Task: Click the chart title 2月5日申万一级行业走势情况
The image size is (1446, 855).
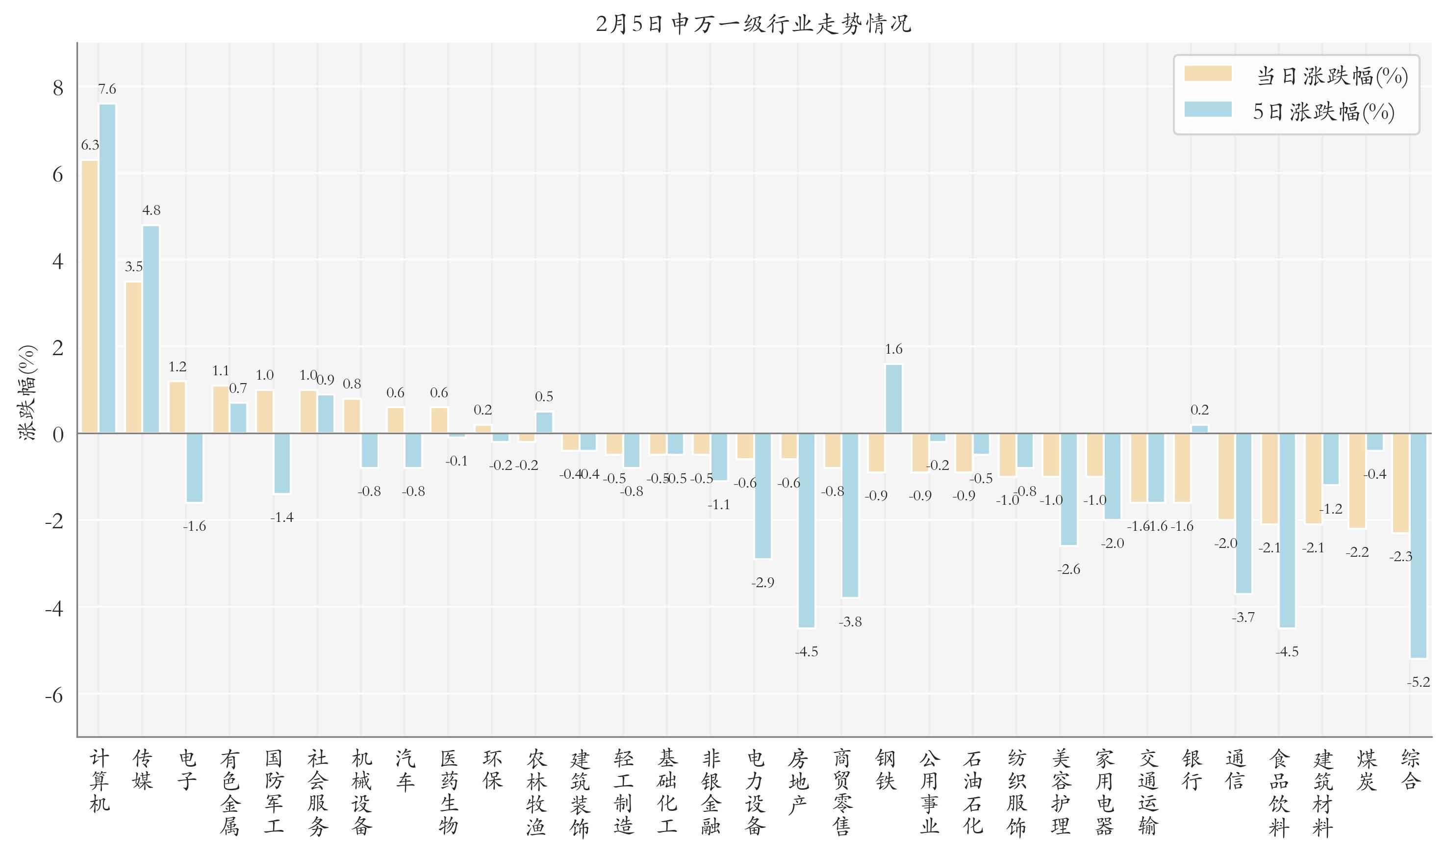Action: point(753,24)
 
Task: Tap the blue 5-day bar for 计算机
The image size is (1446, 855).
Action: point(108,268)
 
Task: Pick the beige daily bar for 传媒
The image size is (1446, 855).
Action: point(133,357)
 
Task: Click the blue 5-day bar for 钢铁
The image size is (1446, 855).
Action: point(894,398)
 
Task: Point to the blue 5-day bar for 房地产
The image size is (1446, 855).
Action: point(806,530)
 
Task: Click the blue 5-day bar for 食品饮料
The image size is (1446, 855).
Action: point(1287,530)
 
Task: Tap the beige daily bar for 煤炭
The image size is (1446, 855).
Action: point(1357,481)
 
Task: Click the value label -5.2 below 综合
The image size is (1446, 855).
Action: point(1419,683)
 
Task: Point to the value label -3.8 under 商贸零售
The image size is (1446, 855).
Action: point(850,622)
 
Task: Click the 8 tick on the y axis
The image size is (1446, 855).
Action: point(57,88)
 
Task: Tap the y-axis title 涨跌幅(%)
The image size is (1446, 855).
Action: point(27,393)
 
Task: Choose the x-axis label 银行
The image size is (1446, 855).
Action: point(1192,770)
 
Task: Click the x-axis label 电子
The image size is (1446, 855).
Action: point(187,770)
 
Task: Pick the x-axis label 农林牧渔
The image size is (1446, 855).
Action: point(535,792)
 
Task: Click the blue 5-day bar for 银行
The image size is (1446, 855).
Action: point(1199,429)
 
